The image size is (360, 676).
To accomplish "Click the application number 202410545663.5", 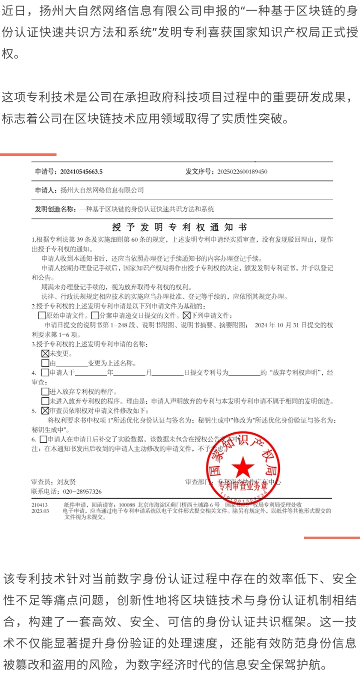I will (81, 172).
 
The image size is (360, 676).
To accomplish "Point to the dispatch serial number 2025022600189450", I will (242, 172).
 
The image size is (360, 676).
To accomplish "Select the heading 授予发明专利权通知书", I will (183, 227).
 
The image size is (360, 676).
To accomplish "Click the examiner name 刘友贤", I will (66, 482).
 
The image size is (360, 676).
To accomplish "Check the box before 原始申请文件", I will (42, 316).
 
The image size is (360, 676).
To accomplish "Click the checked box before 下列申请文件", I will (186, 316).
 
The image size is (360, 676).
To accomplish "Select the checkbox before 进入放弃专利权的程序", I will (45, 391).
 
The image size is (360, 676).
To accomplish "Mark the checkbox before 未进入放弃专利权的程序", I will (45, 401).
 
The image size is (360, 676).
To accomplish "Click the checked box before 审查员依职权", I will (45, 411).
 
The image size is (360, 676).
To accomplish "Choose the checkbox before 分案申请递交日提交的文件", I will (95, 316).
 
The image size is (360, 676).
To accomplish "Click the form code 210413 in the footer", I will (39, 505).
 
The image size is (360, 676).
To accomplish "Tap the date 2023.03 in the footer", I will (40, 511).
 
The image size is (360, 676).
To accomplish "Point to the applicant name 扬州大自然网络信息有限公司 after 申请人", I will (102, 190).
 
